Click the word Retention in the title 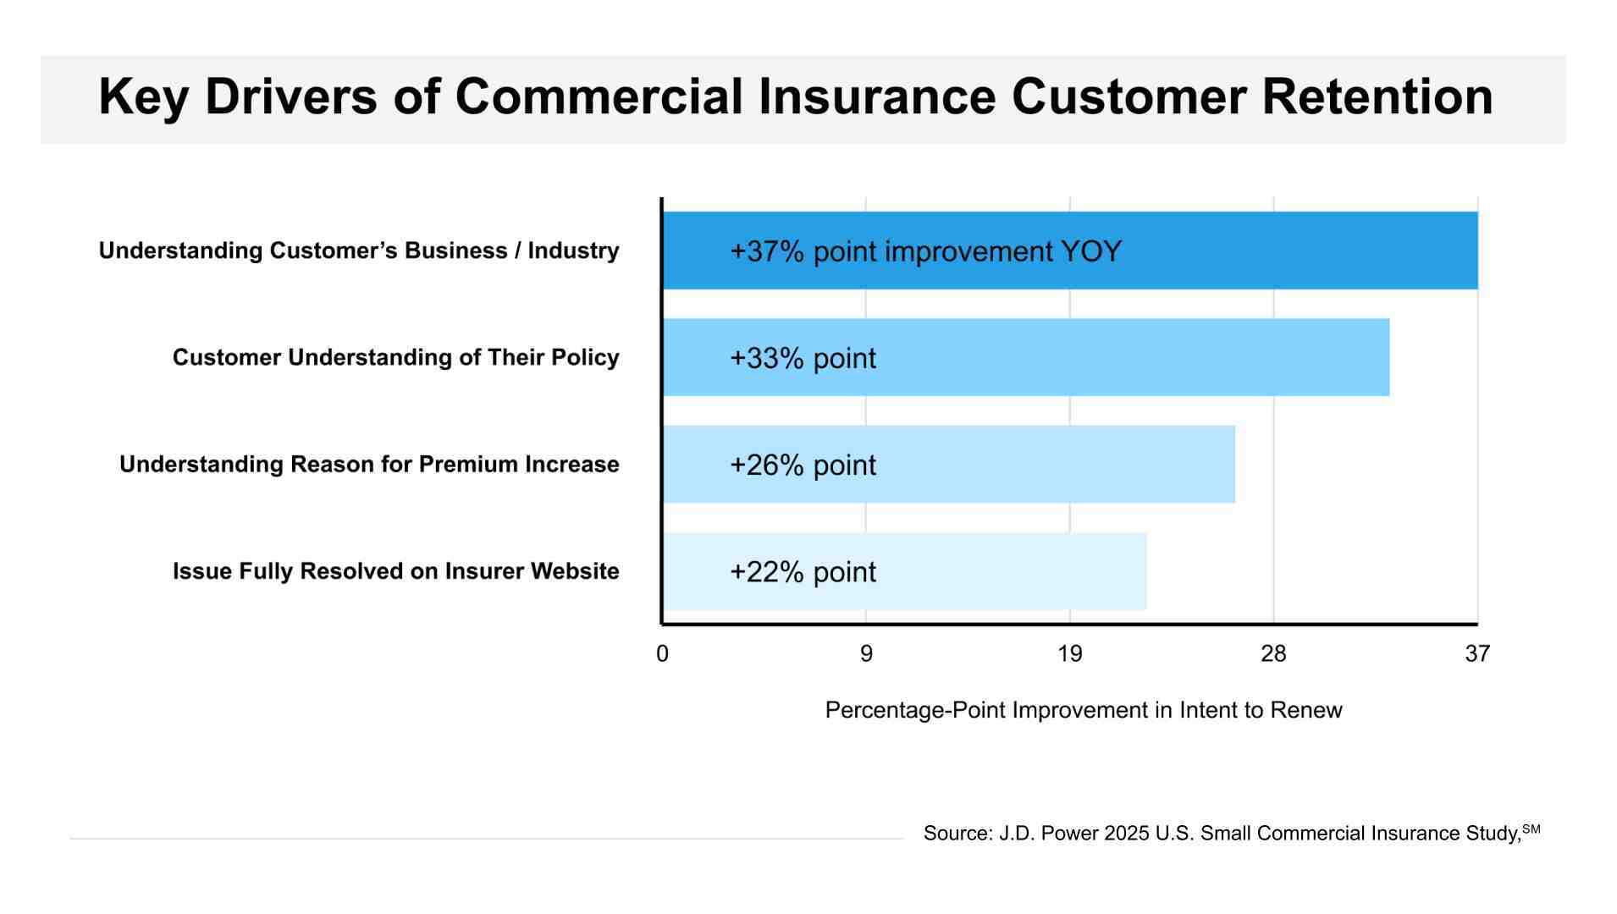coord(1377,96)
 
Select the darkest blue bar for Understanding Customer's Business coord(1270,251)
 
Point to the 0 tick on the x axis coord(662,653)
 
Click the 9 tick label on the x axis coord(866,653)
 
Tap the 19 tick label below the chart coord(1070,653)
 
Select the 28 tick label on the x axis coord(1273,653)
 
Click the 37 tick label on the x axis coord(1477,653)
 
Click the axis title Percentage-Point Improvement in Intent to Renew coord(1083,710)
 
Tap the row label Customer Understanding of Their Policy coord(395,357)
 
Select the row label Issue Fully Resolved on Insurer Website coord(395,571)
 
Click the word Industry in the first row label coord(573,251)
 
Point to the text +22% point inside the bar coord(803,572)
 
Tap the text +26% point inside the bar coord(803,465)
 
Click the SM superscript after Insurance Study coord(1531,829)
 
